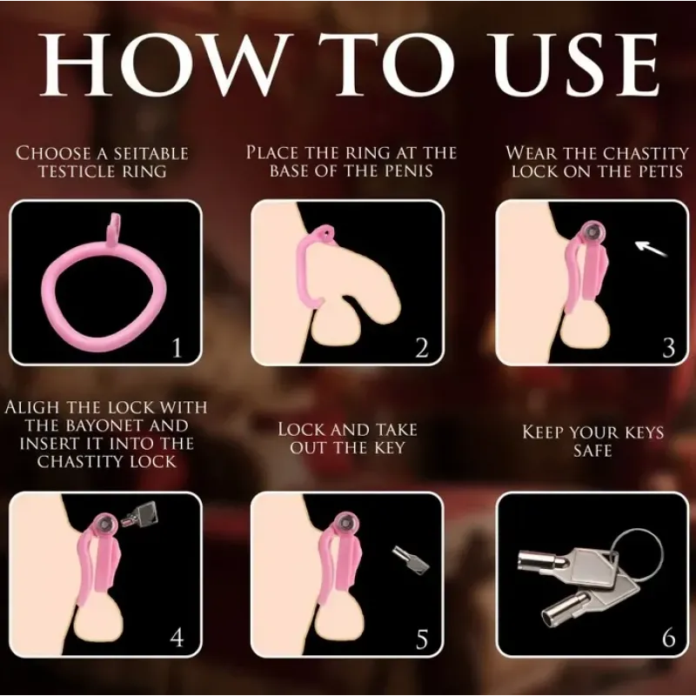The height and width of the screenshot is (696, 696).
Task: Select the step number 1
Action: tap(177, 349)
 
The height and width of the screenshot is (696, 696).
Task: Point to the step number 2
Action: tap(422, 349)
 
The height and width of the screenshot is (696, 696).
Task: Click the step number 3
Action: tap(668, 349)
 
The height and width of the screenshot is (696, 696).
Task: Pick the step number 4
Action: tap(177, 638)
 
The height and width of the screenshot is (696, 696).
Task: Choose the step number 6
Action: tap(668, 638)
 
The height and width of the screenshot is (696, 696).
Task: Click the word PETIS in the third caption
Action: tap(660, 171)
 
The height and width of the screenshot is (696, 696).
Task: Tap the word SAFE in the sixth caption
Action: tap(593, 451)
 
